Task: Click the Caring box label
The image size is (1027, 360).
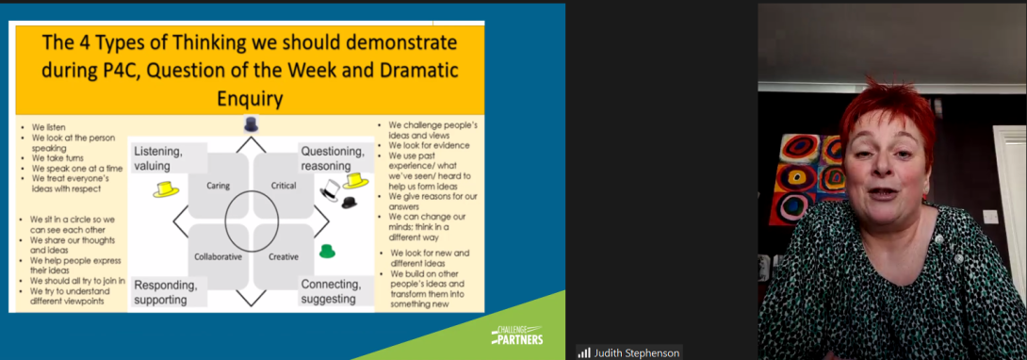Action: pos(218,186)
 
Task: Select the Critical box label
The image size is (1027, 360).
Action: pos(284,186)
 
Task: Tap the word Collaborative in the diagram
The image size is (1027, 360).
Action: pos(218,256)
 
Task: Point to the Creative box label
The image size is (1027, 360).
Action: pos(284,256)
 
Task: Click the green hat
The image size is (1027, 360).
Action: pos(327,251)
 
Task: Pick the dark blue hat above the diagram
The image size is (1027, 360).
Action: pos(251,124)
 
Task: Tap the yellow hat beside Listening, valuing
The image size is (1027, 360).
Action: pos(167,189)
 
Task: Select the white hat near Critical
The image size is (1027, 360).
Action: pos(331,189)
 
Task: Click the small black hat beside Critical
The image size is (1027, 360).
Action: pos(350,203)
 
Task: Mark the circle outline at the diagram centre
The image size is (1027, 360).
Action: pos(225,221)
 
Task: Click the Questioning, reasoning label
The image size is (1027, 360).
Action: pos(332,157)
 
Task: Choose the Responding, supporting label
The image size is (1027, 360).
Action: pos(166,292)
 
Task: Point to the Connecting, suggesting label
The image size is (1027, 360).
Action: pos(331,292)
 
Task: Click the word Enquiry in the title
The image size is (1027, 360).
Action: pos(250,99)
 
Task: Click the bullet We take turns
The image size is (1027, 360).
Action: pos(57,157)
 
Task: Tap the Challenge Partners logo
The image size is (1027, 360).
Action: pos(516,335)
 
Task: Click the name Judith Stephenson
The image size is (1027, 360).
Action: pos(637,352)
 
